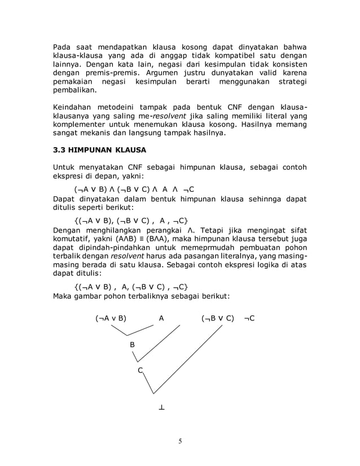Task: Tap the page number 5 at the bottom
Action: pyautogui.click(x=179, y=441)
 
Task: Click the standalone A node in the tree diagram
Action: pyautogui.click(x=162, y=318)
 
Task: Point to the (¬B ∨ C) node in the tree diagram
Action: pyautogui.click(x=217, y=318)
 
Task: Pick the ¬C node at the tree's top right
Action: pyautogui.click(x=249, y=318)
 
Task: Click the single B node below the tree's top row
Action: pyautogui.click(x=132, y=344)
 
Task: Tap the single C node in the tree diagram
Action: pyautogui.click(x=141, y=370)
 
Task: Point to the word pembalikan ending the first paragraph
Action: pyautogui.click(x=74, y=91)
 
